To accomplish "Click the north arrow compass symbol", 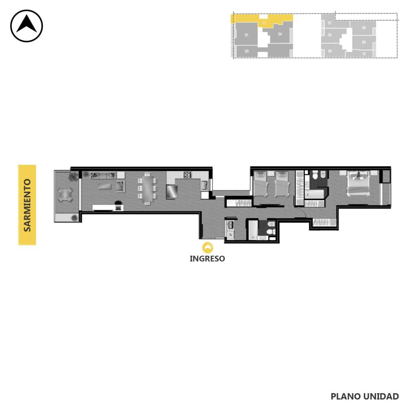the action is (26, 26).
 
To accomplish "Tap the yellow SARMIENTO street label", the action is (27, 205).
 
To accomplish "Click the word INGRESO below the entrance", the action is (207, 259).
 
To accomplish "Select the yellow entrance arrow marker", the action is (208, 247).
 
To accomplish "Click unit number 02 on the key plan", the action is (264, 23).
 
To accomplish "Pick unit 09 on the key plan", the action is (364, 42).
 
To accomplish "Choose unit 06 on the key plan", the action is (330, 51).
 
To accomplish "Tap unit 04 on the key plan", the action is (280, 34).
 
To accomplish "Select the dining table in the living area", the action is (147, 188).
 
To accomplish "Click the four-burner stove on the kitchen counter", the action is (187, 175).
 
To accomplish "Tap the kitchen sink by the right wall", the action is (204, 185).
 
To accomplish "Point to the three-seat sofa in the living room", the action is (103, 175).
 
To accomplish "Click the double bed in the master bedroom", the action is (358, 183).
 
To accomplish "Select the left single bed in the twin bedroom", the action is (261, 183).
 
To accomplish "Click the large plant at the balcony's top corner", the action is (73, 176).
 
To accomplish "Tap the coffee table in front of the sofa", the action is (105, 186).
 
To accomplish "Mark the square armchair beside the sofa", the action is (120, 186).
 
